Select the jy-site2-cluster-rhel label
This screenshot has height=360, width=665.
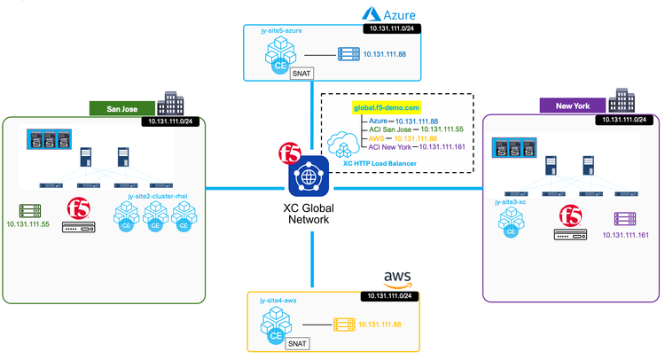[x=160, y=193]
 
